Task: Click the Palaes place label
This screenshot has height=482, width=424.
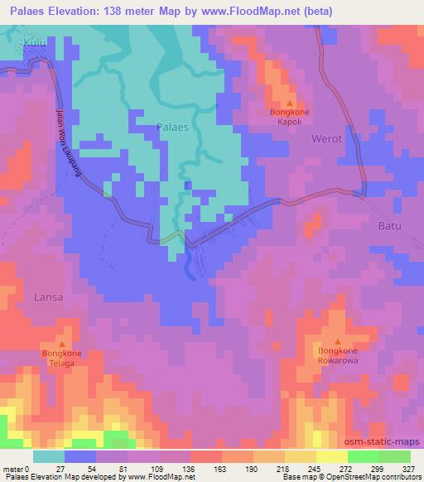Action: point(173,128)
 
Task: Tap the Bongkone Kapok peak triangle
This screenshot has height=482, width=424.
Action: point(290,103)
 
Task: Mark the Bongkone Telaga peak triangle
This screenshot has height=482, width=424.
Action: point(62,345)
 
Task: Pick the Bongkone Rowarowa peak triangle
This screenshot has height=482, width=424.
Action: point(338,341)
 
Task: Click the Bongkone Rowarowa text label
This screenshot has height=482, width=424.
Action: point(338,356)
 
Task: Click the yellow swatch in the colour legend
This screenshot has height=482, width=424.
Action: point(332,456)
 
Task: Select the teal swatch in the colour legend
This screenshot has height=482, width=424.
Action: point(49,456)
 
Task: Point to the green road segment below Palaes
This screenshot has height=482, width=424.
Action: point(172,238)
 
